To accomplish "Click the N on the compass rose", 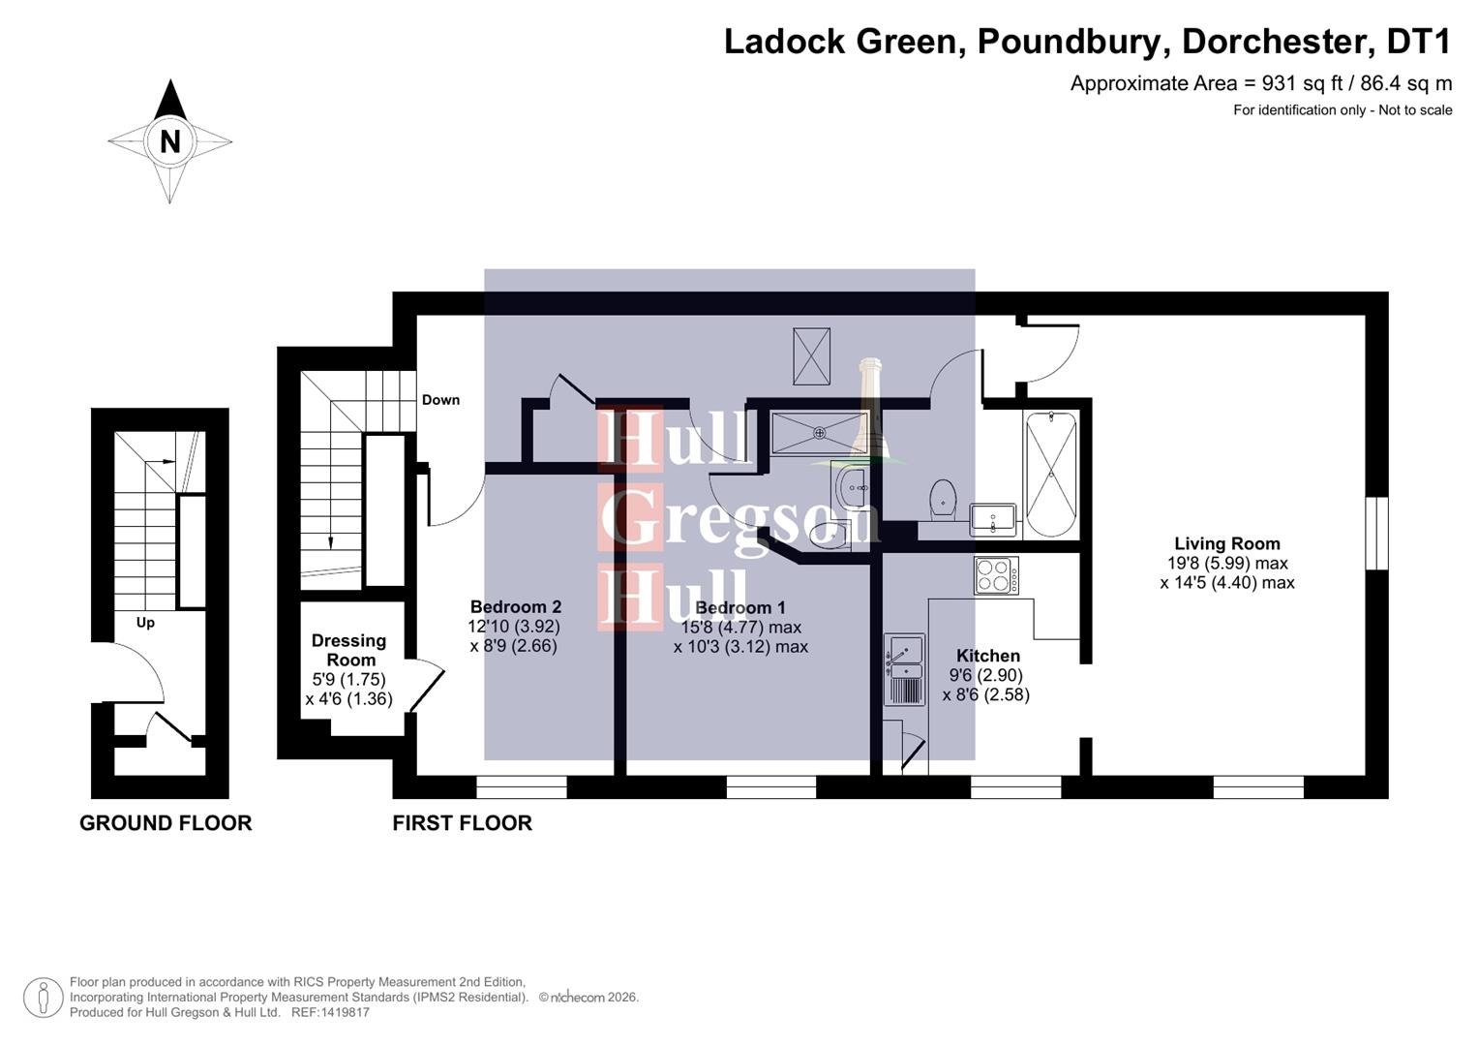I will [170, 141].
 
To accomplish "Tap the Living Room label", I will [1226, 544].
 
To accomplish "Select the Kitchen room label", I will [987, 656].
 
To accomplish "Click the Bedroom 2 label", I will [515, 607].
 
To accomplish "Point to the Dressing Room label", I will [349, 650].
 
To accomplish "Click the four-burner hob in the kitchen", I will [996, 576].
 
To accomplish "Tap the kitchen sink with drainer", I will [904, 668].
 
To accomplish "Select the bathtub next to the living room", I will [1050, 475].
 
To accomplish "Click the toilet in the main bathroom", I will [943, 499].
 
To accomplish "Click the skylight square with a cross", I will [811, 355].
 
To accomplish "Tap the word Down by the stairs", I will [440, 400].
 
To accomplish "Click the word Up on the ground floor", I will [145, 623].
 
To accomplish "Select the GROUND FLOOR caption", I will [166, 823].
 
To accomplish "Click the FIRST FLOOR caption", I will [462, 823].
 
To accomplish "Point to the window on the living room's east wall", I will [1375, 534].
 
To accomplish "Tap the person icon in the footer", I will [44, 998].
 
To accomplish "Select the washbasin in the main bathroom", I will [992, 520].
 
